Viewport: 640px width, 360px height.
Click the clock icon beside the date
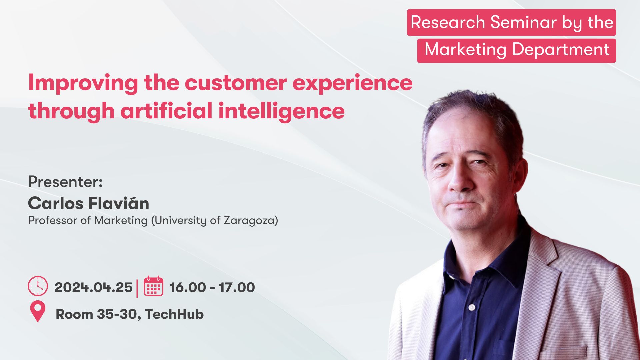(38, 286)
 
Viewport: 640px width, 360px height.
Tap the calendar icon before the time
(154, 286)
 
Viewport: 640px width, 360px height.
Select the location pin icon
(38, 311)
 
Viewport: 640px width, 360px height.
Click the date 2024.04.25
(93, 287)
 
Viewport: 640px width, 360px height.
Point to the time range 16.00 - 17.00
(212, 287)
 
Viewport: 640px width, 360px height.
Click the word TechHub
(174, 314)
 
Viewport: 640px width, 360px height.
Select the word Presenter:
(65, 182)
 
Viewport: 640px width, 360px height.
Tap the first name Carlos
(56, 203)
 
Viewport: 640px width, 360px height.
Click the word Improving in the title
(83, 83)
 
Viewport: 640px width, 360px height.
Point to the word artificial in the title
(167, 111)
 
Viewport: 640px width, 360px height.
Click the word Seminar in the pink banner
(523, 22)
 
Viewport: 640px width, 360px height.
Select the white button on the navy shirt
(472, 307)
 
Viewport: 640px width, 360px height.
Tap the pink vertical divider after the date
(137, 288)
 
